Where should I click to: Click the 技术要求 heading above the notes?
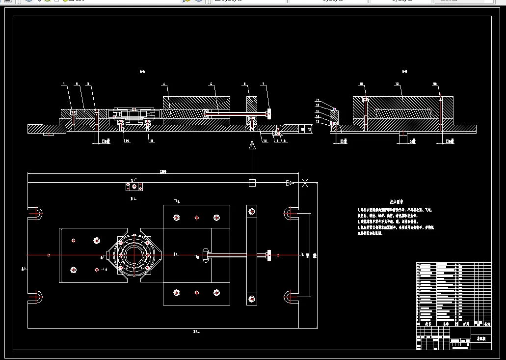click(x=397, y=201)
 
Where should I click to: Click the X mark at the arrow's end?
click(x=305, y=183)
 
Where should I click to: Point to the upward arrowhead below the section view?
click(x=252, y=145)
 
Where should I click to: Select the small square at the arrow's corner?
click(x=252, y=183)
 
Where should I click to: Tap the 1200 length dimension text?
click(x=163, y=171)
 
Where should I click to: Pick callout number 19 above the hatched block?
click(x=397, y=85)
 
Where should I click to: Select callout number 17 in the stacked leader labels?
click(x=318, y=100)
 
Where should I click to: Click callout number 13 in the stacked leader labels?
click(x=318, y=121)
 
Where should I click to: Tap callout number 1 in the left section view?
click(x=64, y=85)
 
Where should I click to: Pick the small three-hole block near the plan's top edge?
click(x=133, y=187)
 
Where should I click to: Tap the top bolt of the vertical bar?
click(x=252, y=212)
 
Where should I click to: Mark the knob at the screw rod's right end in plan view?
click(x=268, y=255)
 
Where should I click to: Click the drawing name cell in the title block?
click(x=481, y=339)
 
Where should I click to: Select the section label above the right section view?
click(x=404, y=72)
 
